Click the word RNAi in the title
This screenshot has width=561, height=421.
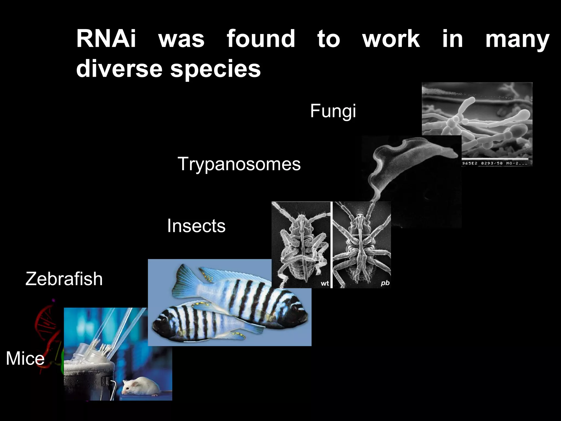pyautogui.click(x=106, y=39)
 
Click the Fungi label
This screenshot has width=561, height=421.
pyautogui.click(x=333, y=111)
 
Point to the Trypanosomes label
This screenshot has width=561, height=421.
pyautogui.click(x=239, y=164)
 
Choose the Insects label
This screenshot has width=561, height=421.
pyautogui.click(x=196, y=226)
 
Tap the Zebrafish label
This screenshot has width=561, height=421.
pyautogui.click(x=64, y=279)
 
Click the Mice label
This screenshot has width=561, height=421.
pyautogui.click(x=25, y=359)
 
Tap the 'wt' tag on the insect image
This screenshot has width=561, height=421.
pyautogui.click(x=325, y=283)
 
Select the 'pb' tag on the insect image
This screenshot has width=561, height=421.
pyautogui.click(x=385, y=283)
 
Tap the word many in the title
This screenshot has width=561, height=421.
pyautogui.click(x=517, y=39)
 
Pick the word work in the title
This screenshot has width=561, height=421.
pyautogui.click(x=391, y=39)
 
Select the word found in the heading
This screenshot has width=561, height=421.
pyautogui.click(x=261, y=39)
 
